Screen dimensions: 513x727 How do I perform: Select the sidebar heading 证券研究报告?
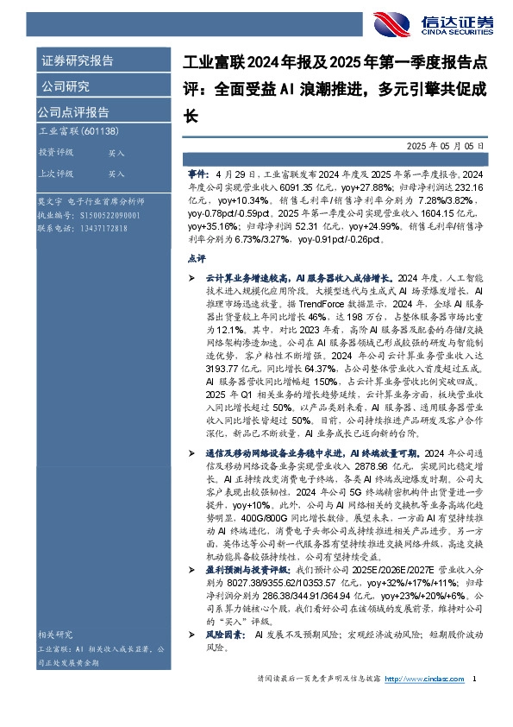(77, 60)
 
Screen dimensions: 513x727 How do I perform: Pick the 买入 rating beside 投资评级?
(116, 152)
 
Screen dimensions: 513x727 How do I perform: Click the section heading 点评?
(196, 258)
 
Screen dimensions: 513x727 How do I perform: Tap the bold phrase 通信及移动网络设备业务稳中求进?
(275, 452)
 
